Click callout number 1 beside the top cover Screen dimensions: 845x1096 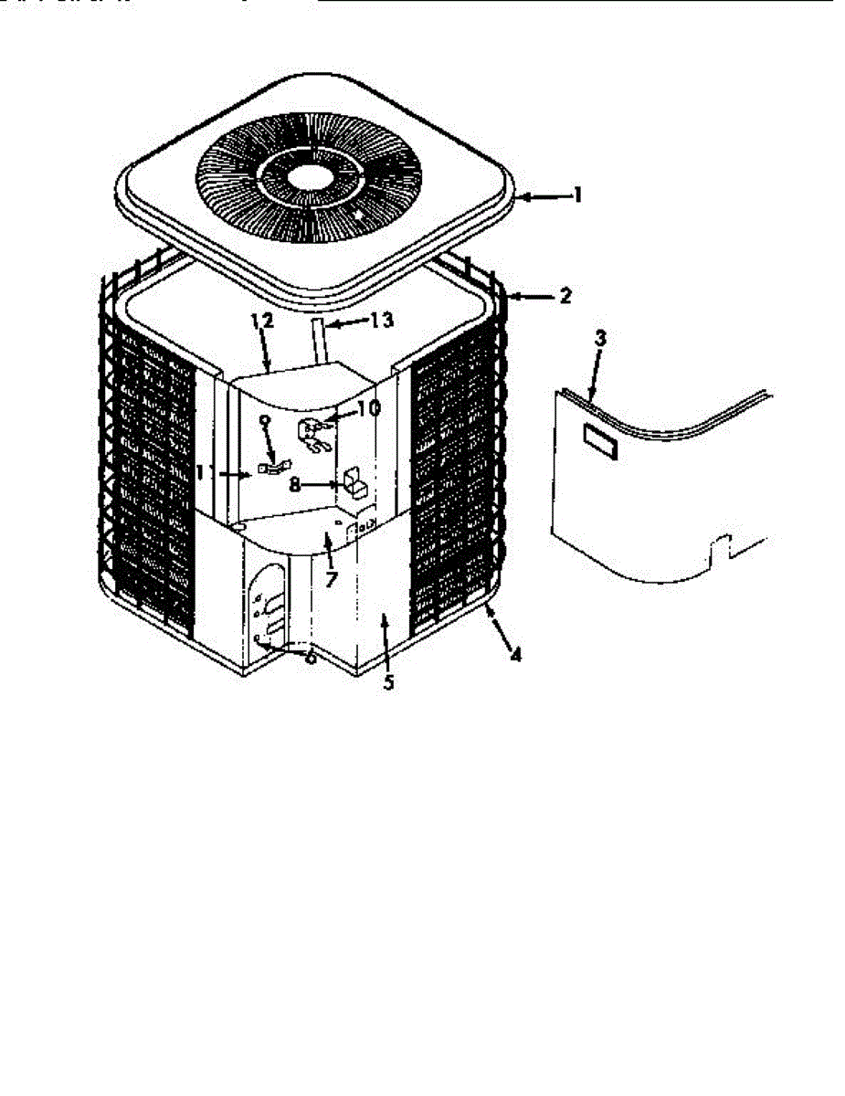pyautogui.click(x=576, y=195)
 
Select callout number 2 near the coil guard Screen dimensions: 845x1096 pyautogui.click(x=565, y=296)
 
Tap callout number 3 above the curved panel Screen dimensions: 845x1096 pyautogui.click(x=600, y=339)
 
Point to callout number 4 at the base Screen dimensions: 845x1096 pyautogui.click(x=516, y=655)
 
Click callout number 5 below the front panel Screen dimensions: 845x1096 pyautogui.click(x=389, y=682)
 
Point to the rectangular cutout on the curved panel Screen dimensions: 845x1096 pyautogui.click(x=598, y=444)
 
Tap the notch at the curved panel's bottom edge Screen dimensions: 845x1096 pyautogui.click(x=721, y=549)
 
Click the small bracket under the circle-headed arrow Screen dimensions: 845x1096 pyautogui.click(x=269, y=468)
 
